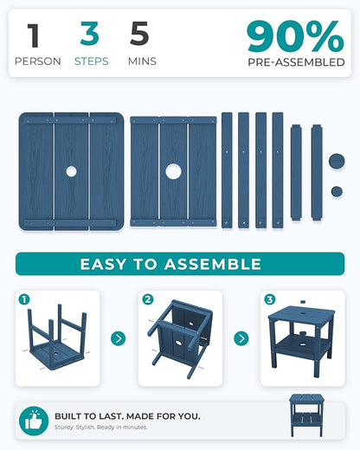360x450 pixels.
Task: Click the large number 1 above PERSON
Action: point(34,35)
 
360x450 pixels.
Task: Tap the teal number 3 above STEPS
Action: point(90,34)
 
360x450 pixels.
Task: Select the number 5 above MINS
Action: point(139,34)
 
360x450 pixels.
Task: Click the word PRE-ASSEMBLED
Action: point(296,62)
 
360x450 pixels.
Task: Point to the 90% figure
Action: point(295,36)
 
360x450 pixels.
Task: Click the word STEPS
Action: point(92,61)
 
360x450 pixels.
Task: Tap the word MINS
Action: point(142,61)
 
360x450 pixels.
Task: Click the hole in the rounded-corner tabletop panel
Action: point(71,171)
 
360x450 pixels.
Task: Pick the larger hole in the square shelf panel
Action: point(173,171)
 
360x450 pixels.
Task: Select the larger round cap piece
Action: point(337,161)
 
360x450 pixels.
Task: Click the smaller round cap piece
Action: point(337,191)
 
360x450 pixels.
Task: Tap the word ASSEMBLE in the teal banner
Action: point(213,264)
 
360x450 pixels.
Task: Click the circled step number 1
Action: point(24,299)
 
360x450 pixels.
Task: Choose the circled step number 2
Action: point(148,299)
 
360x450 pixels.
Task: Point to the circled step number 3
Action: point(270,299)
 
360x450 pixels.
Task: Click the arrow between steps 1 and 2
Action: point(119,338)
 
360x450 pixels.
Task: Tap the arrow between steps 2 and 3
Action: point(241,338)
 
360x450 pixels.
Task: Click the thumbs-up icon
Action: point(34,421)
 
